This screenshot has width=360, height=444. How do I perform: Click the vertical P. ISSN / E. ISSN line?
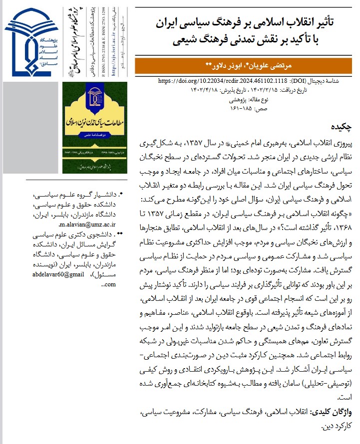103,40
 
